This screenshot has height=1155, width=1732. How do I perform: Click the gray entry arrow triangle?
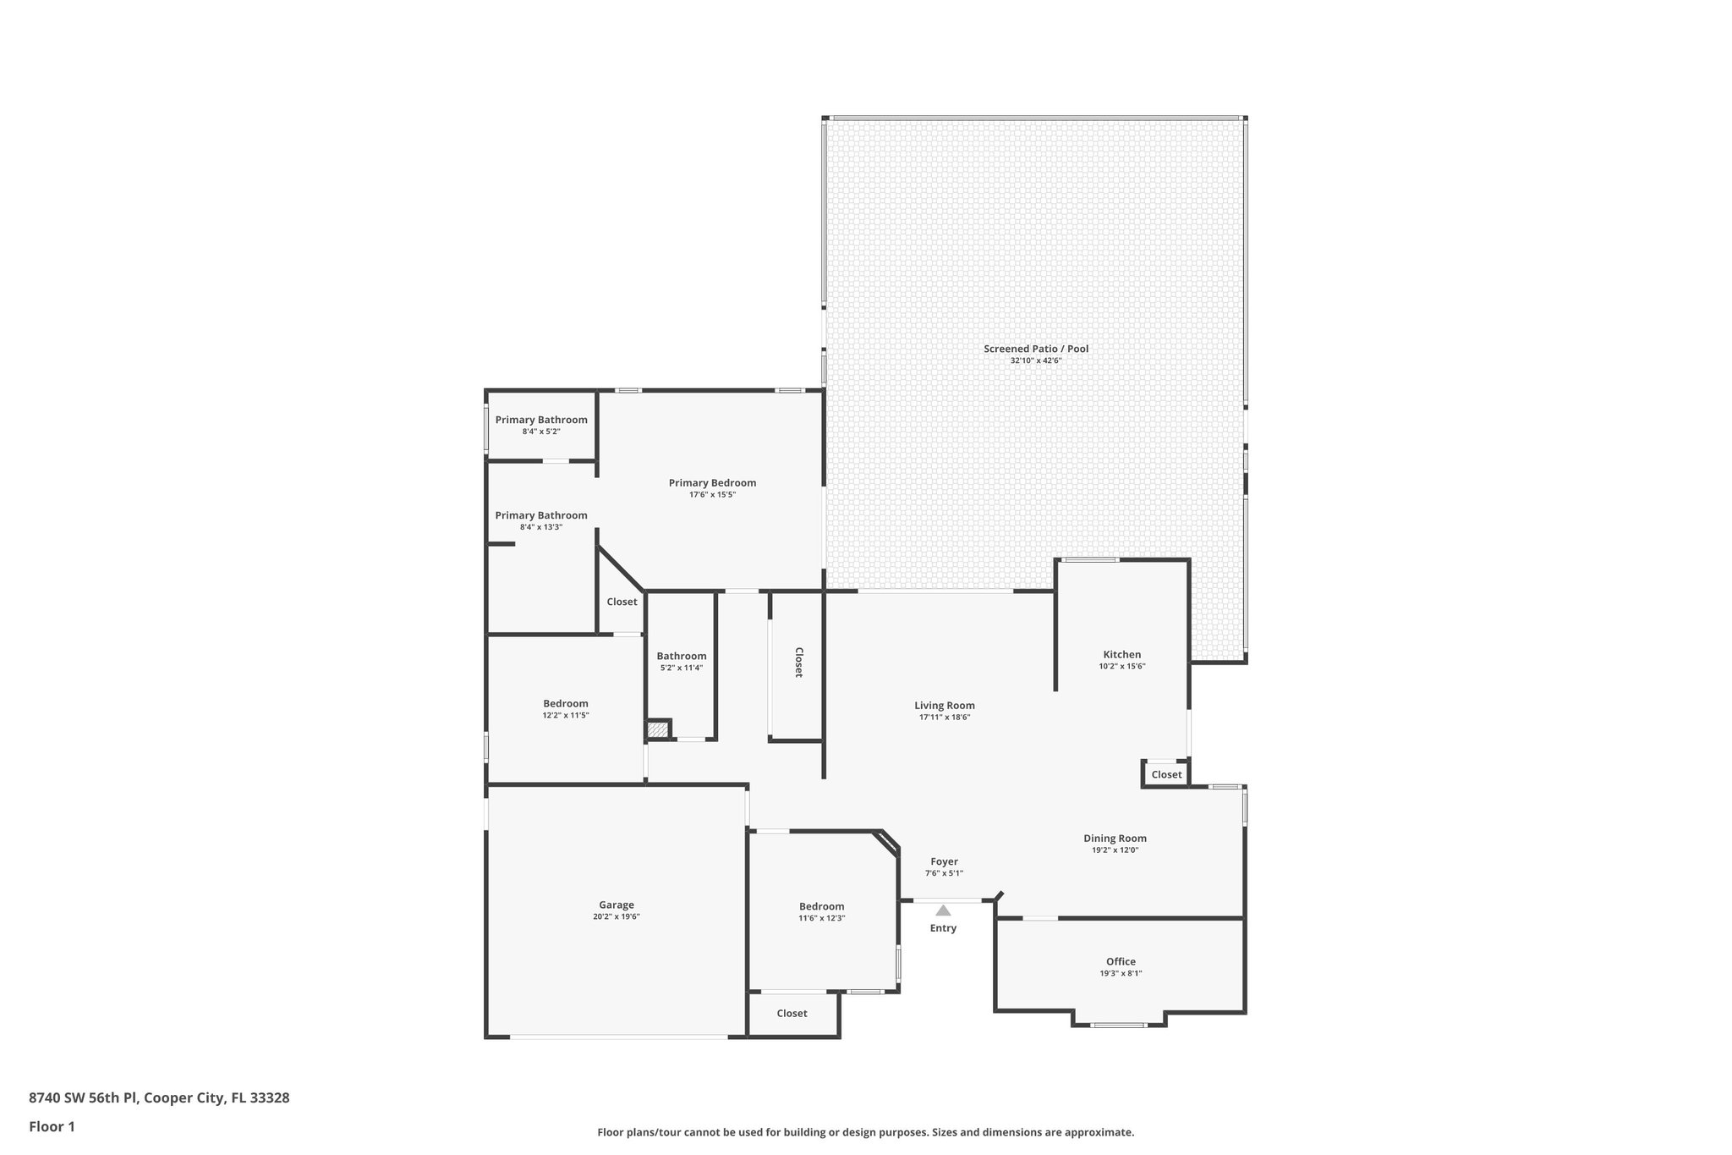tap(943, 910)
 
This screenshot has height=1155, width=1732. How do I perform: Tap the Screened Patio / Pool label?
tap(1035, 349)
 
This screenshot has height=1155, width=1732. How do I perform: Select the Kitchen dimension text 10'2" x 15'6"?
tap(1121, 666)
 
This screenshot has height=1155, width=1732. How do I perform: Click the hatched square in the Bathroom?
tap(658, 729)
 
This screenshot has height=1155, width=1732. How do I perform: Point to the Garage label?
tap(616, 905)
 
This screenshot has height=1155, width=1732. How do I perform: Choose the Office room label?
tap(1121, 961)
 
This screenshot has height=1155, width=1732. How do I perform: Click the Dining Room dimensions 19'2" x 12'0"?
tap(1115, 850)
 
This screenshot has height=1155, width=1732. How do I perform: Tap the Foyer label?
tap(944, 861)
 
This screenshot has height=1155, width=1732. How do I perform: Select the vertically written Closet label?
tap(797, 663)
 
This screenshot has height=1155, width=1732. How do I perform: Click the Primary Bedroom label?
tap(712, 483)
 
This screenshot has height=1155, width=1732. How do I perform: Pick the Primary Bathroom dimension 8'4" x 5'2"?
tap(541, 432)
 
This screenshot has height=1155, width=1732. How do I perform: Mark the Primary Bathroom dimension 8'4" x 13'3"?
tap(541, 527)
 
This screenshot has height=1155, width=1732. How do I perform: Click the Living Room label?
tap(944, 705)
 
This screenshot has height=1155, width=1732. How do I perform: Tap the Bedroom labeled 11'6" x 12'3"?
tap(821, 906)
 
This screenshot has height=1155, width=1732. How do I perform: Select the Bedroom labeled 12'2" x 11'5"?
tap(565, 703)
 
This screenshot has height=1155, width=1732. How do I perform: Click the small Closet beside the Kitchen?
tap(1166, 774)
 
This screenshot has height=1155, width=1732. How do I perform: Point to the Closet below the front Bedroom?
tap(792, 1013)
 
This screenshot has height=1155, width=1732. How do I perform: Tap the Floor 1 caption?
tap(52, 1126)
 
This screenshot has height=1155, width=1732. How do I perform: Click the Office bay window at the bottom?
tap(1118, 1025)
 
